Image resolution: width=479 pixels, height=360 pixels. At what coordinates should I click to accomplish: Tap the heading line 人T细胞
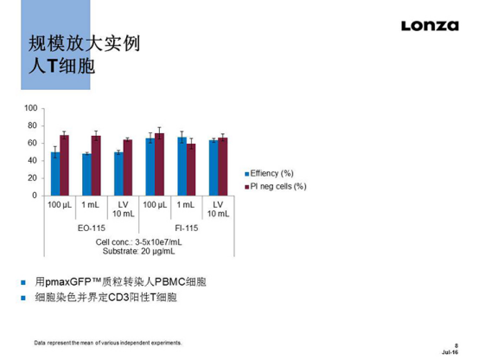(x=61, y=67)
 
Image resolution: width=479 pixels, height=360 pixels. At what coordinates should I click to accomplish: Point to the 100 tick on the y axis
(x=31, y=108)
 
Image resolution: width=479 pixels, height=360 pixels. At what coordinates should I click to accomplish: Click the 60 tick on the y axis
(x=33, y=144)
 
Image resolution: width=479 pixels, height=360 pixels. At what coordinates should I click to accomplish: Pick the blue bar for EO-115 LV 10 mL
(x=118, y=174)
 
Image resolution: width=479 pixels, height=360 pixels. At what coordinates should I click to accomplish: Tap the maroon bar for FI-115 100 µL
(x=159, y=164)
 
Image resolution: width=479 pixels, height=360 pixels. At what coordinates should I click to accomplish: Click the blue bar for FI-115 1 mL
(x=182, y=166)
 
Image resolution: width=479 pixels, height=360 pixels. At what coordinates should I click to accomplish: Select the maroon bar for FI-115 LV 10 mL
(x=223, y=167)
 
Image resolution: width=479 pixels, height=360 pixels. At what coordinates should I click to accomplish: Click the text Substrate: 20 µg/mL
(x=139, y=251)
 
